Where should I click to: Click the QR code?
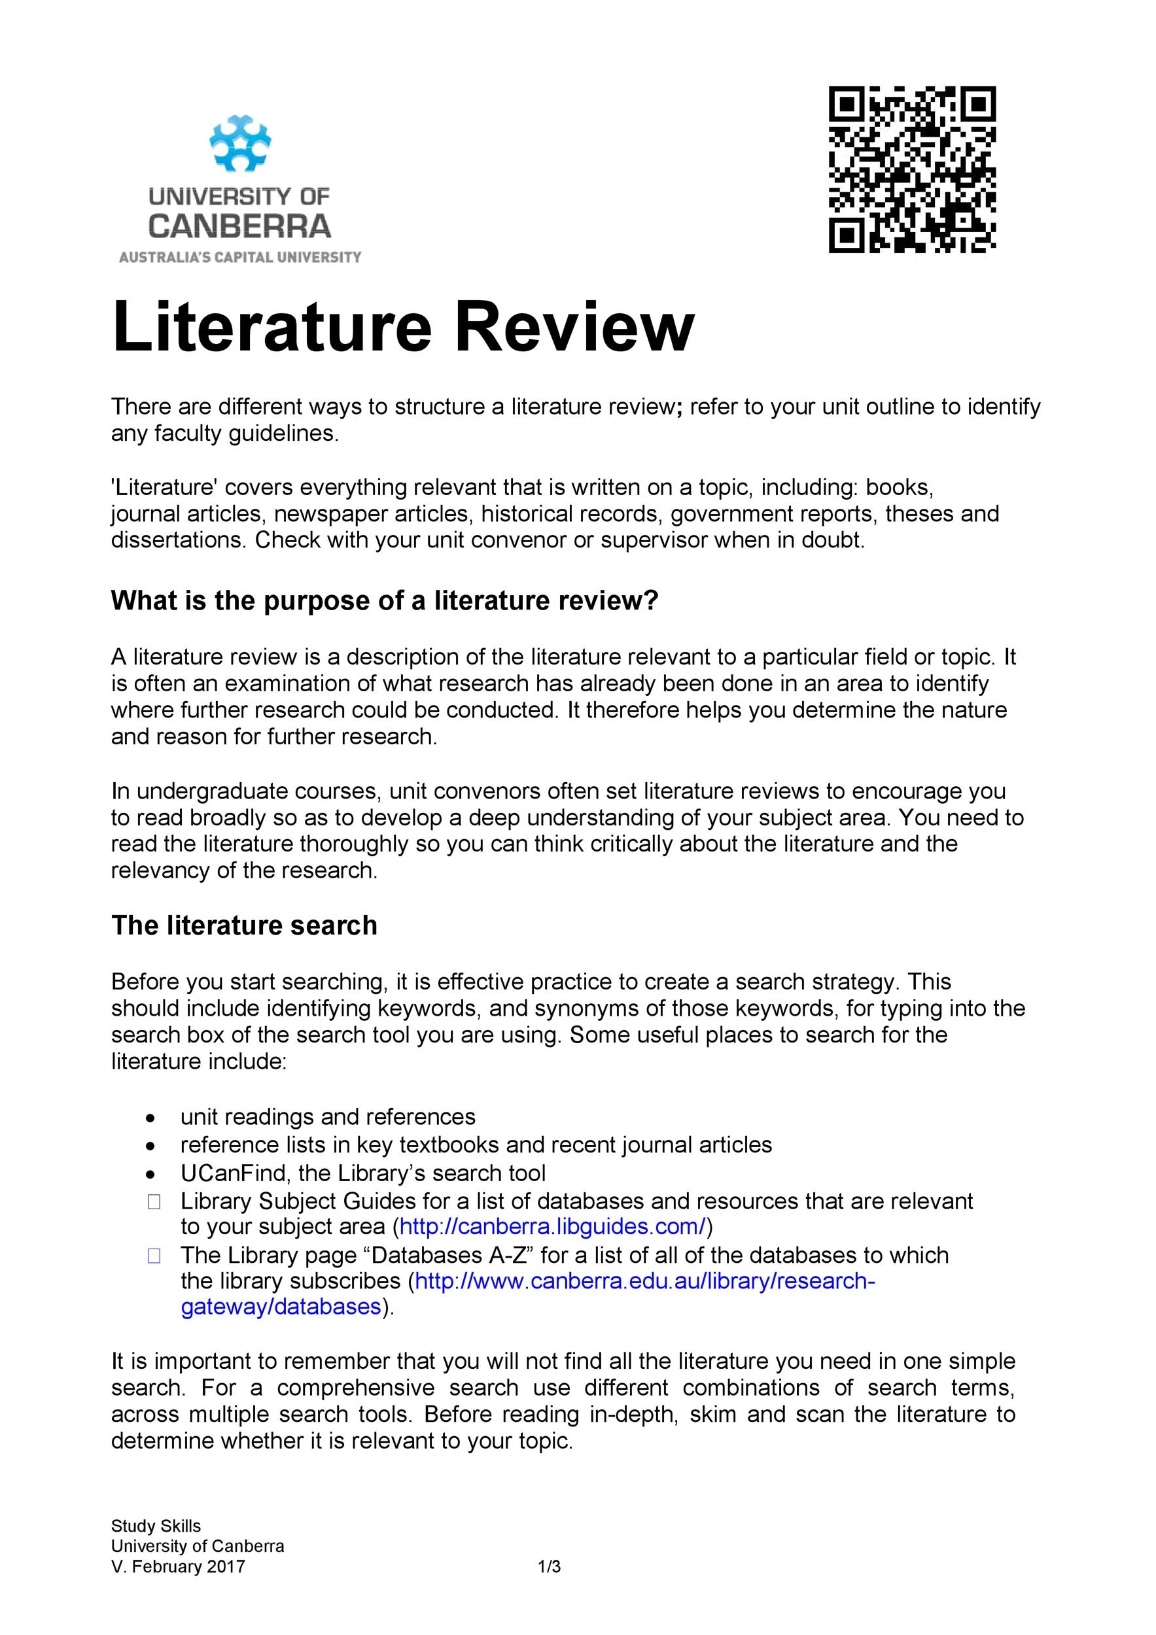click(912, 169)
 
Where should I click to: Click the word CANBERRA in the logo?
click(239, 226)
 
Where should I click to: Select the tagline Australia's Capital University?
click(240, 257)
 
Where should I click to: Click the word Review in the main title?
click(573, 328)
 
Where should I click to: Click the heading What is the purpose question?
click(385, 601)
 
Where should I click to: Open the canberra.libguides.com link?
click(553, 1226)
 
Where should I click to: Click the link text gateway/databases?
click(281, 1307)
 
